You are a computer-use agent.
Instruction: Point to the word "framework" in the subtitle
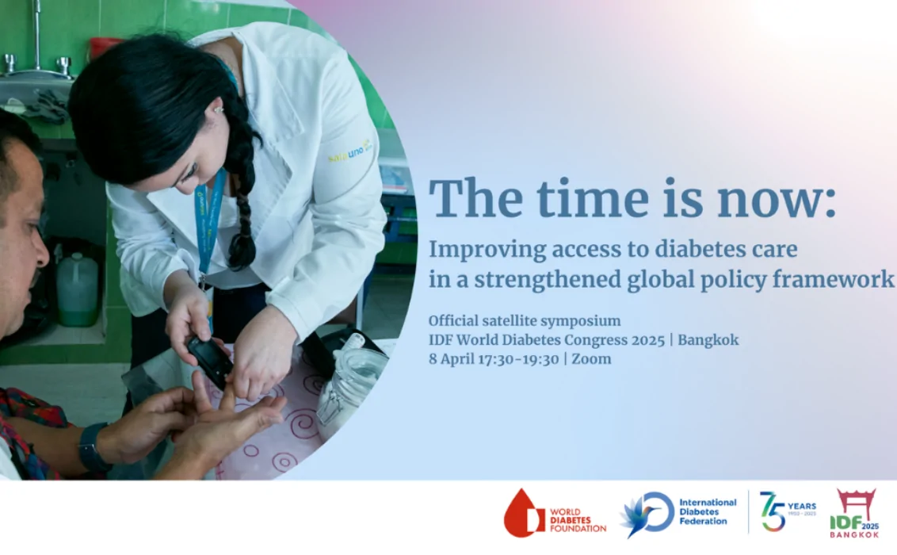[834, 280]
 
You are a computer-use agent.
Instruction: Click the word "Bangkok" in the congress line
[708, 340]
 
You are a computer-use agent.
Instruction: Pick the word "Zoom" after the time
[591, 359]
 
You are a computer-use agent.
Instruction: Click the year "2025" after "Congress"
[647, 340]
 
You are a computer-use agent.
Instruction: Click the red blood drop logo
[522, 514]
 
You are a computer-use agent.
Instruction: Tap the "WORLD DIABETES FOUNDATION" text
[578, 520]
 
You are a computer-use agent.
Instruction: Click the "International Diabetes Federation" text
[708, 512]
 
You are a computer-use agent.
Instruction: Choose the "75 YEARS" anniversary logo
[787, 511]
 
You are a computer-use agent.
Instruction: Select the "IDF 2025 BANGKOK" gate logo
[855, 513]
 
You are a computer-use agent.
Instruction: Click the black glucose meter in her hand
[210, 362]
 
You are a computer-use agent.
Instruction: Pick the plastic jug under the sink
[77, 289]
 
